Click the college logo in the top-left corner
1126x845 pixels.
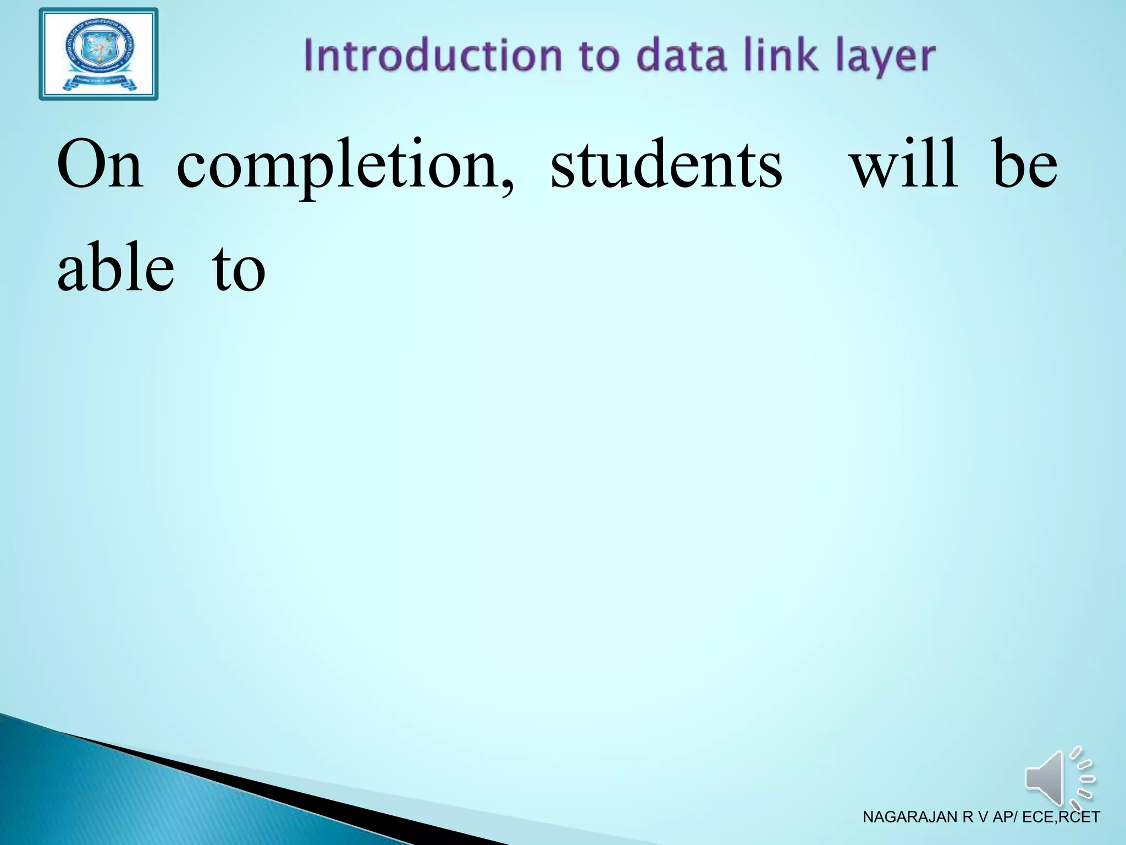(x=98, y=54)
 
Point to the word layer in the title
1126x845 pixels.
(x=885, y=58)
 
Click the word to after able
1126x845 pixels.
(x=239, y=270)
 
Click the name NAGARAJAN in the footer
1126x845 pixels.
(x=910, y=817)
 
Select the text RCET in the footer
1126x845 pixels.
(x=1079, y=817)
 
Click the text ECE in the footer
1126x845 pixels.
(x=1038, y=817)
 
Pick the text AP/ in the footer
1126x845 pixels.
(x=1005, y=817)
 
